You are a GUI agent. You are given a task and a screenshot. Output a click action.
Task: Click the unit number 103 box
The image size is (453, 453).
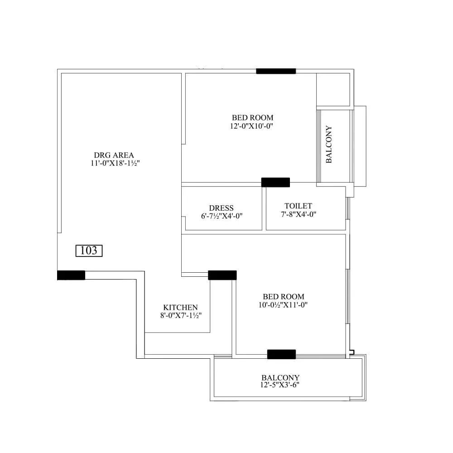click(89, 251)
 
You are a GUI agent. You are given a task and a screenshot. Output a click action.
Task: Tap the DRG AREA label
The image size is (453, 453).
click(114, 155)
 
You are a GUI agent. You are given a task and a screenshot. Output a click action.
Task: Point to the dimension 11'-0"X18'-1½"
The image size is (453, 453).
click(114, 164)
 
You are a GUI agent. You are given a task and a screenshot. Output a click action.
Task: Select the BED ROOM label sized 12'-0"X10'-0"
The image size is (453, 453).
click(252, 118)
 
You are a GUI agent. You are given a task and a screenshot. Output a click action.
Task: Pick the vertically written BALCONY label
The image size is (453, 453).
click(329, 145)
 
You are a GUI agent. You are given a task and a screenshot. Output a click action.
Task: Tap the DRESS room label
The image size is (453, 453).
click(222, 208)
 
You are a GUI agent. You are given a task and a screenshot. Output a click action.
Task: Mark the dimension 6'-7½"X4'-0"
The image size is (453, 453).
click(222, 216)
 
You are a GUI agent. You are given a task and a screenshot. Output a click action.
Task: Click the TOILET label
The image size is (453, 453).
click(298, 206)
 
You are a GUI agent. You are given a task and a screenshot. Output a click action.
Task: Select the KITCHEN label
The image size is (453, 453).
click(180, 307)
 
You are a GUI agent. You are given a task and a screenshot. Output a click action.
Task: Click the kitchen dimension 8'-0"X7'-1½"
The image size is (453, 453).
click(180, 315)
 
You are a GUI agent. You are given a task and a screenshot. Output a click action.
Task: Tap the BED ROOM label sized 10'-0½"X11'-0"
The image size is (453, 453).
click(283, 297)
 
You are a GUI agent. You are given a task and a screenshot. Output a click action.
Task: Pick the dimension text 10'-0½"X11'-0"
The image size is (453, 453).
click(283, 305)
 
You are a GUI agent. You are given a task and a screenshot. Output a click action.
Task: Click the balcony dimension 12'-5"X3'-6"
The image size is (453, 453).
click(281, 386)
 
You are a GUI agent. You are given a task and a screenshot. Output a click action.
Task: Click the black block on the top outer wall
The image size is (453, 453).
click(276, 71)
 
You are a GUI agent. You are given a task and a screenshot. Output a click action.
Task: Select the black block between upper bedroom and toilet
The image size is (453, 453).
click(275, 182)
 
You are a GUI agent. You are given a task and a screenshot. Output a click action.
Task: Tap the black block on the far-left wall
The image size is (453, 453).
click(71, 275)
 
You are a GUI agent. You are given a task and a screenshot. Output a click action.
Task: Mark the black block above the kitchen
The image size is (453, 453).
click(222, 275)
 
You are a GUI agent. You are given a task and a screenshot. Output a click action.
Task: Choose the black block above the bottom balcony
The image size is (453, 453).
click(281, 354)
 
